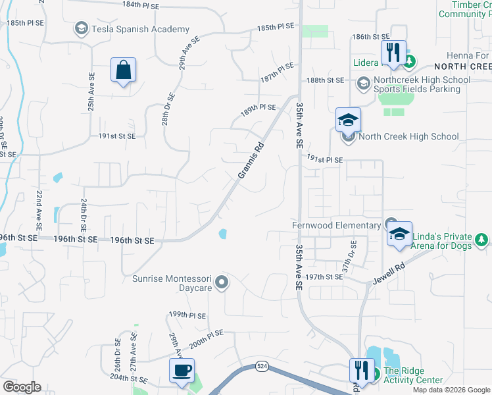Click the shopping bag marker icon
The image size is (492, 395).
[x=124, y=70]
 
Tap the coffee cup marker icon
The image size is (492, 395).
[x=182, y=370]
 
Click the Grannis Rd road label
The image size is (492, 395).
[x=251, y=160]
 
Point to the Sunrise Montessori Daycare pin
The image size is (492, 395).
[x=222, y=283]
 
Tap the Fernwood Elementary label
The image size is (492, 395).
[x=337, y=224]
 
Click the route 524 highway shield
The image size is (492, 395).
[x=262, y=365]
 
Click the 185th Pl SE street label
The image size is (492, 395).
[x=275, y=28]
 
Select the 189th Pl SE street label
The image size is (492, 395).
[x=258, y=109]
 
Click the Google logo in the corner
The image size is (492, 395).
[x=22, y=387]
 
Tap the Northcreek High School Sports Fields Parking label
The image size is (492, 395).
[x=422, y=85]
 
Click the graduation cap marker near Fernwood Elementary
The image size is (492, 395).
[x=399, y=235]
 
